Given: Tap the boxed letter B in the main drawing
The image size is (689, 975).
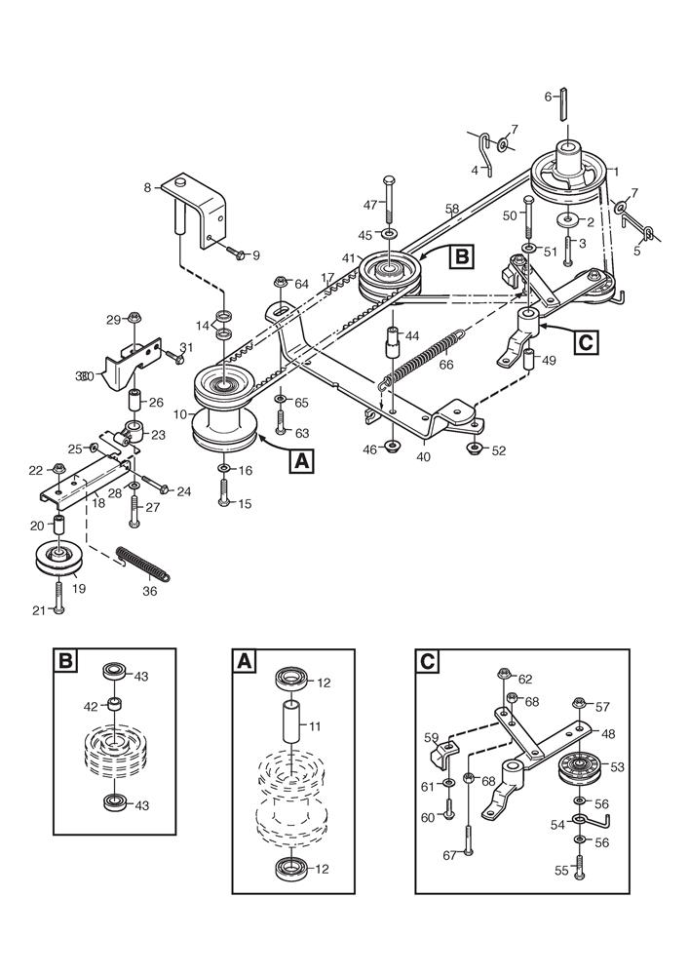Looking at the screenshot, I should [x=461, y=257].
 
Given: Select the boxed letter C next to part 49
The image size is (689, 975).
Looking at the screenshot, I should [x=585, y=342].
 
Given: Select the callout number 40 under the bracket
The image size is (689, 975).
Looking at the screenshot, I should [x=423, y=455].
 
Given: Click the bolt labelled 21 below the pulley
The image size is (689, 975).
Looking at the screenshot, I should [x=58, y=597].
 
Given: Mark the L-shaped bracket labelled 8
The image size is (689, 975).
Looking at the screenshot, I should [x=200, y=205].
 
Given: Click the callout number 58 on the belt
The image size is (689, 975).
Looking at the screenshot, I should [x=451, y=210].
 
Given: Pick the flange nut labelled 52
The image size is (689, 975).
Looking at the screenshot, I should [x=474, y=448].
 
